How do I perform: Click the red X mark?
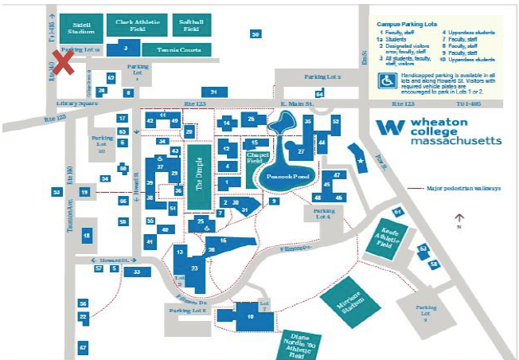tap(64, 63)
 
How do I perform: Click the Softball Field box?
tap(191, 26)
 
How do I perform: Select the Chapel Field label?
tap(256, 156)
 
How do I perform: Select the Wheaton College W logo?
tap(390, 127)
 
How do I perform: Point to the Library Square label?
tap(76, 104)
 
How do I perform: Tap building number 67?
tap(83, 348)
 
